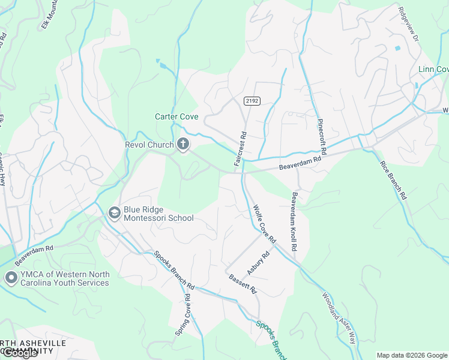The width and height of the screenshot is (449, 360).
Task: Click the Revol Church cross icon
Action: pos(183,144)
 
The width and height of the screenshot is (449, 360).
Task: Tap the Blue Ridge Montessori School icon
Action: pos(114,212)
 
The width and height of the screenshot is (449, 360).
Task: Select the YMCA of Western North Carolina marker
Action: pos(11,277)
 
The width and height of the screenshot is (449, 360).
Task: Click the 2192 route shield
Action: pos(252,101)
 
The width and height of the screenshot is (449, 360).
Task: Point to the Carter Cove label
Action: pos(176,117)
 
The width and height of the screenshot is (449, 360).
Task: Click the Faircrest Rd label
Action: pos(240,149)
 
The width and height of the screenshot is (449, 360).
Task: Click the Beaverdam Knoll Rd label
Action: pos(295,222)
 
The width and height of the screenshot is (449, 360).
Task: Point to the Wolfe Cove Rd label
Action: pos(264,224)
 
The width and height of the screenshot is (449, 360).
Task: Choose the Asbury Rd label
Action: pos(259,263)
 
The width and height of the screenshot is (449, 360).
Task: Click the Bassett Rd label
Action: pos(243,284)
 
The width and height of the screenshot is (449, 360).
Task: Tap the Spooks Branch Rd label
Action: pos(173,269)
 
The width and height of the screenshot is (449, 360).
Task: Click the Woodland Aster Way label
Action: pos(339,318)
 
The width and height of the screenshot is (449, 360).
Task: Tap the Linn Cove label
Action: pos(433,70)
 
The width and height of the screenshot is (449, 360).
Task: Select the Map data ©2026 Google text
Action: pos(411,355)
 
